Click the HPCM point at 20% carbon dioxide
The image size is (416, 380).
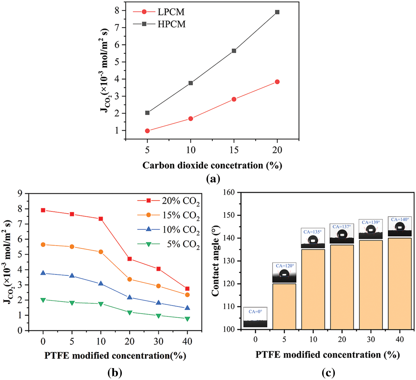click(277, 12)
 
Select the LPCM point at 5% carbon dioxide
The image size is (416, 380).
click(147, 131)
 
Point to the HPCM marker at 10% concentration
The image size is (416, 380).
click(191, 83)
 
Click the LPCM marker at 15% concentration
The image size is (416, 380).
click(234, 99)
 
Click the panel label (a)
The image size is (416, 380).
click(213, 179)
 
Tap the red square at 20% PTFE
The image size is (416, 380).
click(130, 259)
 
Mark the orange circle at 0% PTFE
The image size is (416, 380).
click(43, 245)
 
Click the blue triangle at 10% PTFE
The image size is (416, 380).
click(101, 284)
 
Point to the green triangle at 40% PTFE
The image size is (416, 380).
click(187, 319)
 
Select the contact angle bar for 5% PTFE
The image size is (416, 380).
click(284, 306)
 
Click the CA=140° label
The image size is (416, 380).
click(400, 220)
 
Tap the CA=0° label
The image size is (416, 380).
click(255, 312)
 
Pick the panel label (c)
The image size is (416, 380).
click(328, 373)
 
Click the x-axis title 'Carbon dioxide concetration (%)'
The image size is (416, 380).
click(212, 165)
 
